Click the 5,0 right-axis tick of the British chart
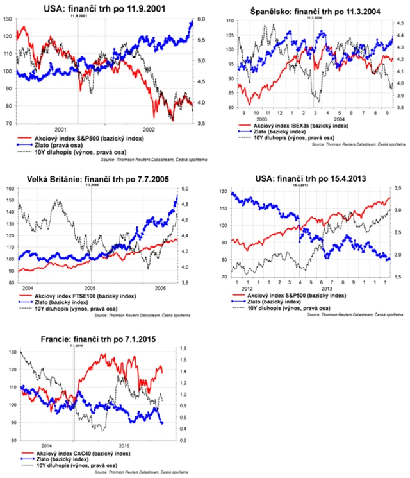coord(184,189)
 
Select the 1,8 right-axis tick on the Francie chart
coord(184,350)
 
